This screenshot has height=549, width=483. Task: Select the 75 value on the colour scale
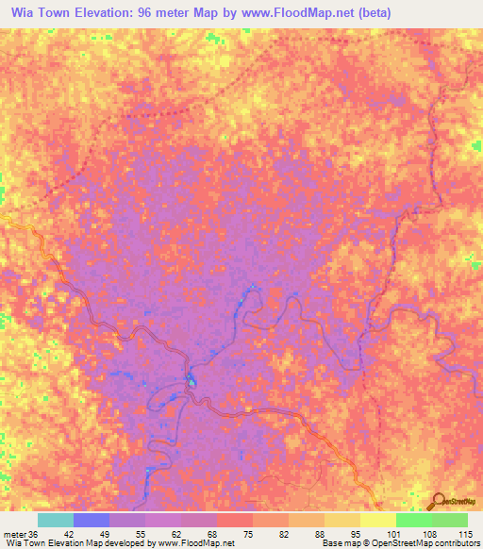click(248, 533)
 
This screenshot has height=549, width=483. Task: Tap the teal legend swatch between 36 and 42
click(56, 520)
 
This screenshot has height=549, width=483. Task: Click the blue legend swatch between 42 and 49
click(92, 520)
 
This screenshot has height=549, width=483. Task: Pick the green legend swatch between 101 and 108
click(413, 520)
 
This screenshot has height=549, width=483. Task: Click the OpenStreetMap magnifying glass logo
click(438, 501)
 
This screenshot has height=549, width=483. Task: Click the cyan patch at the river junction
click(191, 380)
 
